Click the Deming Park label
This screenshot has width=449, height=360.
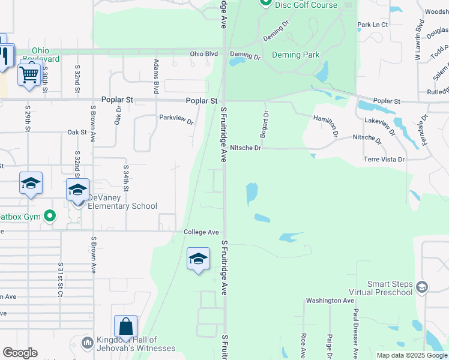(x=295, y=55)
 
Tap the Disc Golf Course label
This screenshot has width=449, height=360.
(x=306, y=5)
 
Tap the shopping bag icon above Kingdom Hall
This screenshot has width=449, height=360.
(x=126, y=327)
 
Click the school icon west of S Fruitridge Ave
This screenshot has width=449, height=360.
(x=198, y=259)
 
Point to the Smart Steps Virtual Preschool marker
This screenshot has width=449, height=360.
(x=422, y=286)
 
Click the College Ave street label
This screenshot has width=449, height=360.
(x=201, y=232)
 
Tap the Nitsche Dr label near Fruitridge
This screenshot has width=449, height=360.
(x=246, y=148)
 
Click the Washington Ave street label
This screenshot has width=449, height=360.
(x=330, y=301)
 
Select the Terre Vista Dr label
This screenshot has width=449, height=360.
(x=384, y=160)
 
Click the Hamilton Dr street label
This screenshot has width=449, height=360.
(x=325, y=125)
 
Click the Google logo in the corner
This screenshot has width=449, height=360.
(x=20, y=353)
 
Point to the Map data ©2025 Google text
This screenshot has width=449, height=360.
(x=412, y=355)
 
